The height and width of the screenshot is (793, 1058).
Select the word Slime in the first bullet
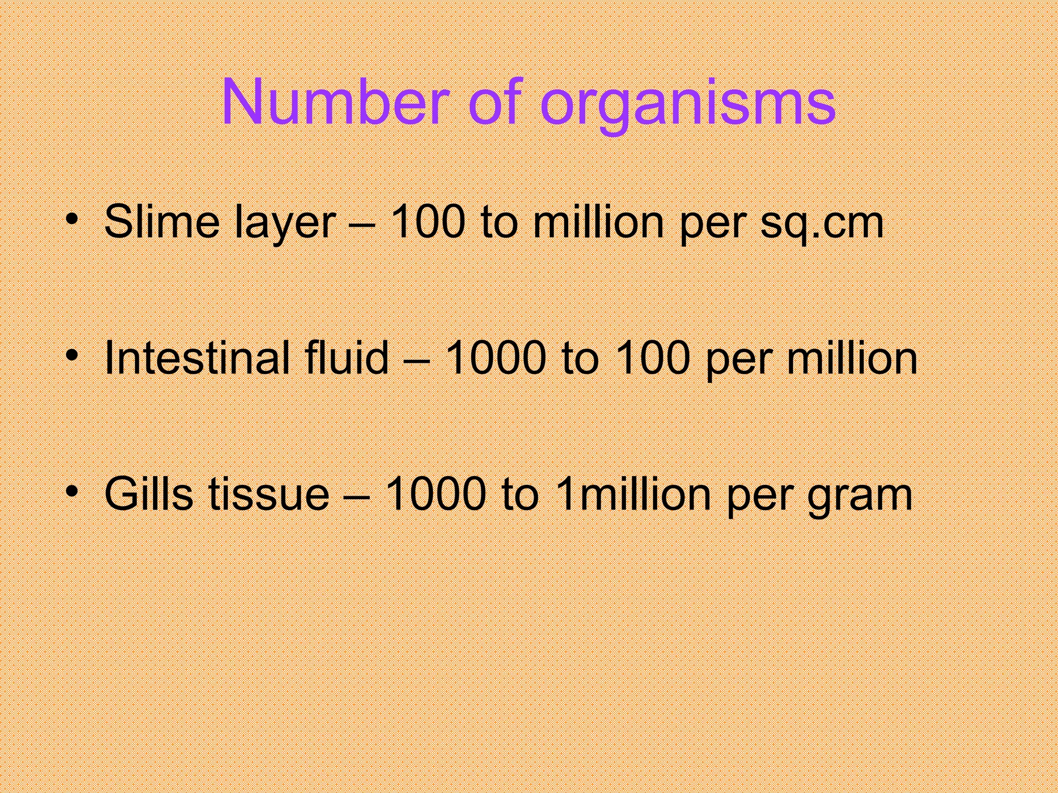tap(162, 222)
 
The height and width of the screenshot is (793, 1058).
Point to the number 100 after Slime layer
tap(428, 222)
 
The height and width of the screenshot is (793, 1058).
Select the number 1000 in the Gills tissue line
tap(435, 494)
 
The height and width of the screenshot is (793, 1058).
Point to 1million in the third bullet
tap(633, 494)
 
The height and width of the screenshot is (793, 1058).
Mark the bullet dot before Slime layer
tap(72, 219)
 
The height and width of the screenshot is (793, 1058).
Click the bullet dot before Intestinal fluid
tap(72, 355)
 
